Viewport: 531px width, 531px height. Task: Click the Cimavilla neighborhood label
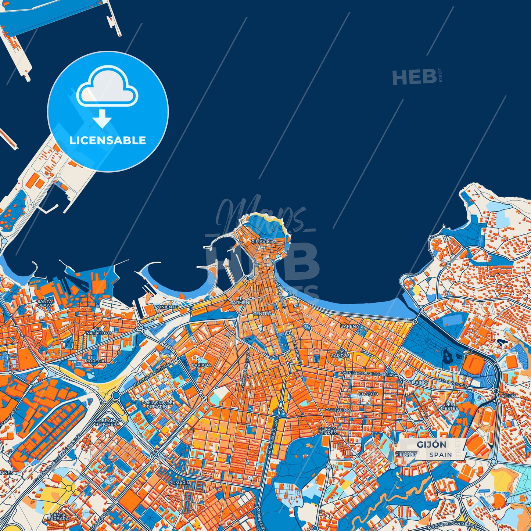point(263,241)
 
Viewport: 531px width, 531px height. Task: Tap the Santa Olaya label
point(45,303)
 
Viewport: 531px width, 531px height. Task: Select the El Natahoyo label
point(98,331)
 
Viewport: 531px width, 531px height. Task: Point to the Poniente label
point(166,307)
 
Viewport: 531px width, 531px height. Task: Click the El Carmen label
point(239,301)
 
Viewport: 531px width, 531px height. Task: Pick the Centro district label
point(262,313)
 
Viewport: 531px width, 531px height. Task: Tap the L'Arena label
point(349,326)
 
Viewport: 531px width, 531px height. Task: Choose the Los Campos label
point(340,354)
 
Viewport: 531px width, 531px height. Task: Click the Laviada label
point(201,365)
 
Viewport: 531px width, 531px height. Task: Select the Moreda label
point(94,361)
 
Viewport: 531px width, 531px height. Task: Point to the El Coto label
point(368,394)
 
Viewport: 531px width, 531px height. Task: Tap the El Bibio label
point(418,383)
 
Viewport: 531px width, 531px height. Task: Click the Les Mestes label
point(449,406)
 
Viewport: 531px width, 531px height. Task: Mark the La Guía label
point(507,396)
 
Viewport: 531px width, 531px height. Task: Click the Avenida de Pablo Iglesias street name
point(367,374)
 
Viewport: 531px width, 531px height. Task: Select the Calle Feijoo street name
point(338,410)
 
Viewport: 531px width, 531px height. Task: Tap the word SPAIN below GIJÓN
point(441,455)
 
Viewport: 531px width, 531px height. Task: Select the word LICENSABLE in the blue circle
point(108,140)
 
